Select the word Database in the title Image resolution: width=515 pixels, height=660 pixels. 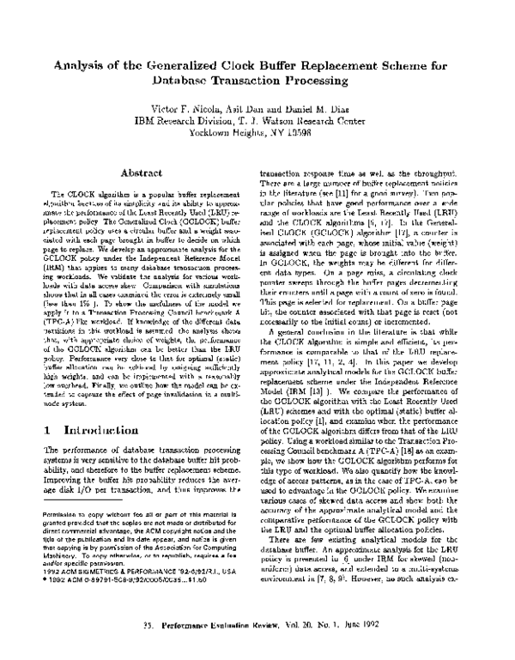tap(186, 79)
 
